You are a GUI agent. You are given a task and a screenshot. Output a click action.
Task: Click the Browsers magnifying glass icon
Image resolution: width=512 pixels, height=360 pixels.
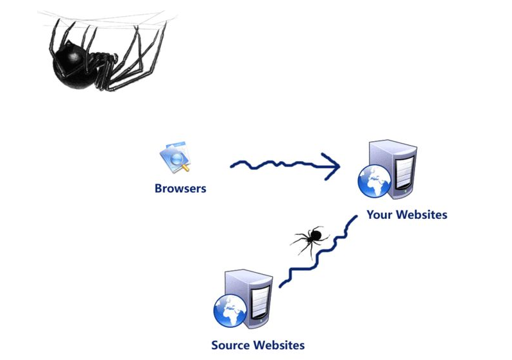[x=175, y=157]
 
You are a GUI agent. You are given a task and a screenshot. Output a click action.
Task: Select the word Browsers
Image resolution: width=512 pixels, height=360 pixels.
[x=180, y=189]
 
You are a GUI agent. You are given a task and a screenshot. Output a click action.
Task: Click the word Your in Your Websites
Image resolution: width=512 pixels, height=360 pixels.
[x=379, y=214]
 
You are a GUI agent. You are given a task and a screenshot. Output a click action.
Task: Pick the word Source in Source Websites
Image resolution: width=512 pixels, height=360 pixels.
[x=230, y=345]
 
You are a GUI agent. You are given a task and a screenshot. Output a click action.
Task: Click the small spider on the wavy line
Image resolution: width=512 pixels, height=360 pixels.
[x=309, y=238]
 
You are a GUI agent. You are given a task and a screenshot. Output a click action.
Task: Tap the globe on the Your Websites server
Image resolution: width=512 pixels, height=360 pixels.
[x=374, y=182]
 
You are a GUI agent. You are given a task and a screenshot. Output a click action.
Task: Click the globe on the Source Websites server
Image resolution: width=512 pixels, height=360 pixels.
[x=230, y=311]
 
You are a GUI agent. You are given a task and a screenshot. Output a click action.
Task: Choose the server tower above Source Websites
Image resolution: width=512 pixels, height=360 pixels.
[x=249, y=298]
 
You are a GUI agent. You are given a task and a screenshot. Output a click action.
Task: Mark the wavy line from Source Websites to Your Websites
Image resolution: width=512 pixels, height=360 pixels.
[x=318, y=253]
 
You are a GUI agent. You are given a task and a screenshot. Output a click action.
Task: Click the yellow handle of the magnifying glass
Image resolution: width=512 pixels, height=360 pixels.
[x=185, y=168]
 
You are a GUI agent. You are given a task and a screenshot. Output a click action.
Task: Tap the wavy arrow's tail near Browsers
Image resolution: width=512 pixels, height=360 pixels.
[x=232, y=166]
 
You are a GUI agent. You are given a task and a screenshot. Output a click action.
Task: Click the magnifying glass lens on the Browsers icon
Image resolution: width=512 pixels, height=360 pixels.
[x=176, y=159]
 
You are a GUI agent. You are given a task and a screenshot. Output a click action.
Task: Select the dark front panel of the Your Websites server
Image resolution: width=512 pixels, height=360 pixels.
[x=404, y=174]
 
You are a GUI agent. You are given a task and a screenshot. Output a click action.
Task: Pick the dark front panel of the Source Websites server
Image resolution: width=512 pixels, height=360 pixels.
[x=260, y=303]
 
